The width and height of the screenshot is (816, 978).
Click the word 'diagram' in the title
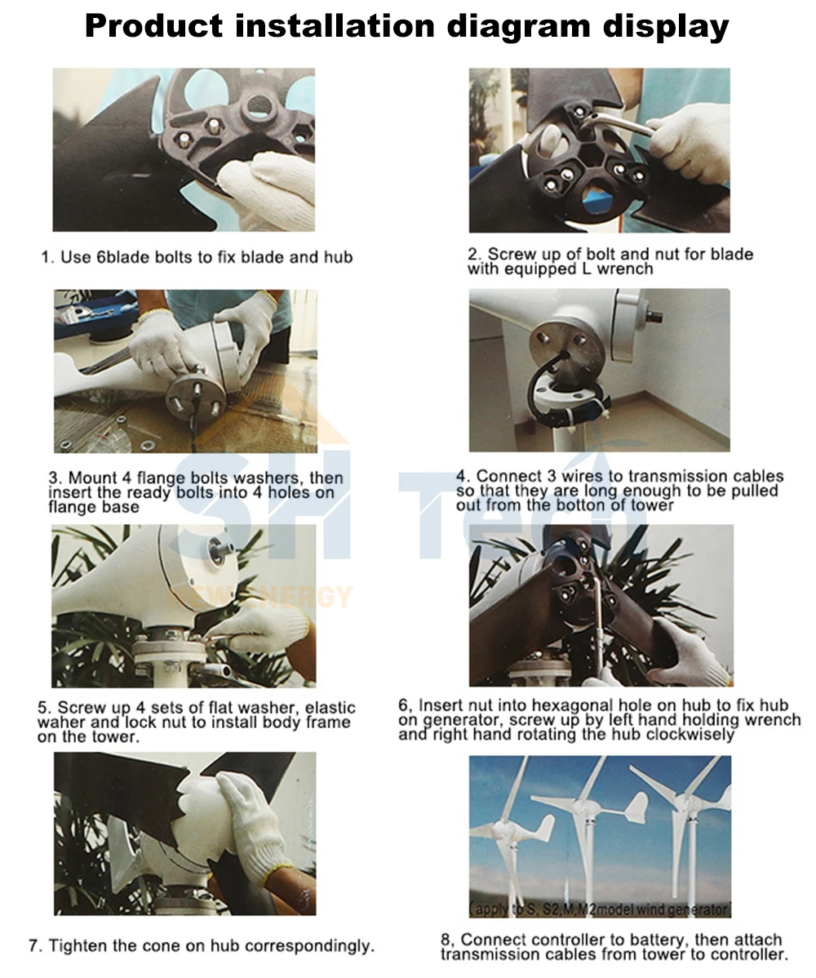(519, 27)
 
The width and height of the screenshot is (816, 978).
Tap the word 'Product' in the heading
(153, 25)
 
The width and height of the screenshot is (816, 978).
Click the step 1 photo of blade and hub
(184, 149)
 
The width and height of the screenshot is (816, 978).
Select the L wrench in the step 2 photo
(617, 123)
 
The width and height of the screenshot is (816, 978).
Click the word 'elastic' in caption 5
(330, 708)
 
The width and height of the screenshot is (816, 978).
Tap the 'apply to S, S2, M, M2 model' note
(600, 909)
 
